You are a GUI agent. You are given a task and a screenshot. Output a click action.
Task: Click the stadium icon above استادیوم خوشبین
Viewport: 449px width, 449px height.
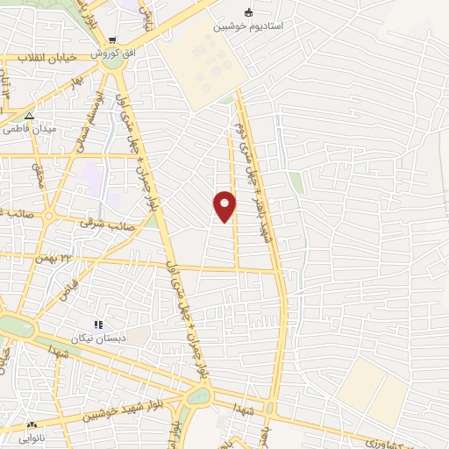pos(249,12)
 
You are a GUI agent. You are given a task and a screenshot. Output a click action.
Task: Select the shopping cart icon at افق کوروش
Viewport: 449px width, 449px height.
pos(113,40)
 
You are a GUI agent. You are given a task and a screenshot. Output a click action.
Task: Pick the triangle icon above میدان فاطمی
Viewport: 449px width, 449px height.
pos(30,115)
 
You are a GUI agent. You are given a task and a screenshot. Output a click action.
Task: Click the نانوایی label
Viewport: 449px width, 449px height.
pos(33,436)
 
